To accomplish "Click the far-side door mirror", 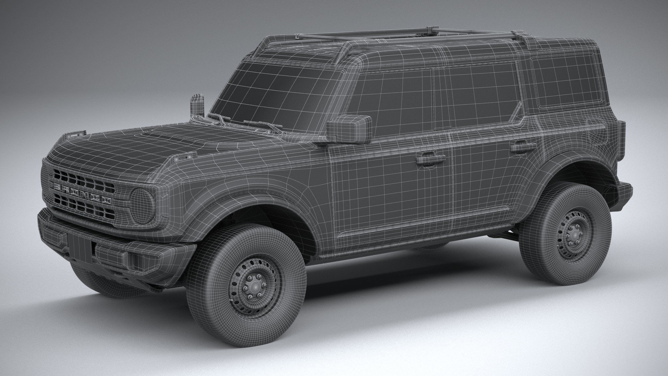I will tap(196, 106).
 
